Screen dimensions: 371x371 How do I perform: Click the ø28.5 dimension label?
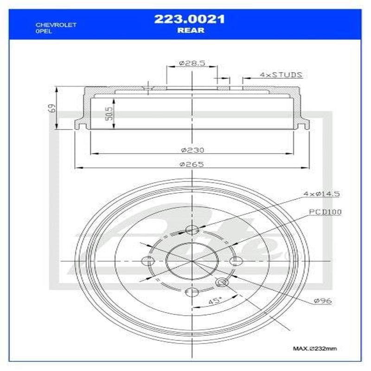coord(192,63)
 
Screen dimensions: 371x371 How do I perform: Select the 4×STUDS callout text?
coord(281,74)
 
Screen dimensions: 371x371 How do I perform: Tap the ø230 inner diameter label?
coord(192,150)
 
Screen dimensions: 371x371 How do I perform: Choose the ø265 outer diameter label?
coord(192,164)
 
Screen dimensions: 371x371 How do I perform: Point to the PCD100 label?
coord(325,212)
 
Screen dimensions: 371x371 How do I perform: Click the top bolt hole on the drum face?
coord(192,230)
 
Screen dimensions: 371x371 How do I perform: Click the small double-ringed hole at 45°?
coord(222,282)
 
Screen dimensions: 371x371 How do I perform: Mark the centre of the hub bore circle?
coord(192,261)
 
